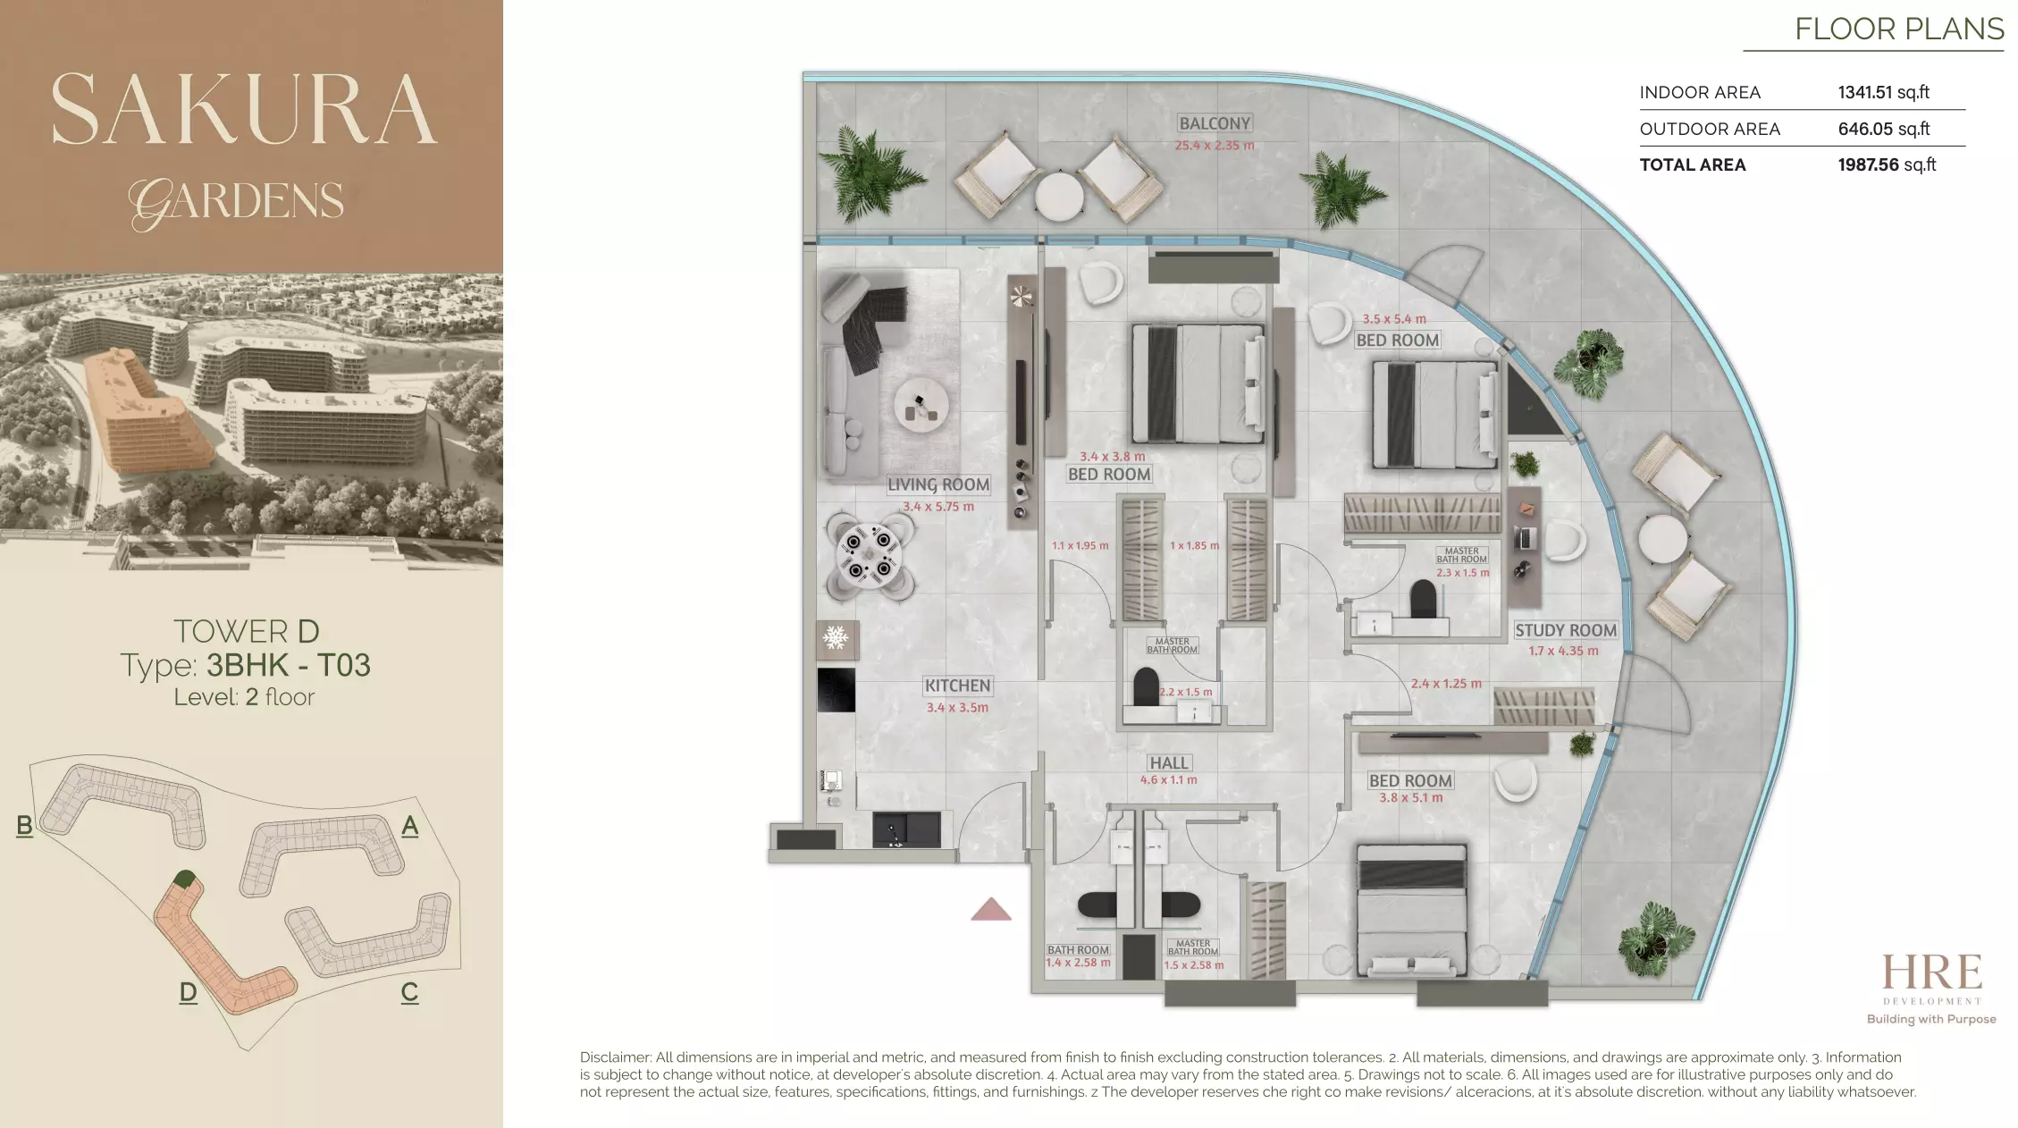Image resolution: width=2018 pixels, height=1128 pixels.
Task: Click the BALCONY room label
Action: (x=1215, y=123)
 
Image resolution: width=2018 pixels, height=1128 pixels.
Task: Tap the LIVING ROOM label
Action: (x=938, y=484)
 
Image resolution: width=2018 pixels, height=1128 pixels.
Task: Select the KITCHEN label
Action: (x=957, y=686)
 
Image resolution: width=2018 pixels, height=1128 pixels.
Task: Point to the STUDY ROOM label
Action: (x=1566, y=630)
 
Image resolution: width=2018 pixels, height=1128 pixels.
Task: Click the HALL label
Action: (x=1169, y=762)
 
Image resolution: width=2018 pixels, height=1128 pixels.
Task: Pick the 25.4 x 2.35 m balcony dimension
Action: (x=1215, y=146)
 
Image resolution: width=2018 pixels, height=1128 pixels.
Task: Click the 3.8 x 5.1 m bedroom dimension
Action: (x=1410, y=797)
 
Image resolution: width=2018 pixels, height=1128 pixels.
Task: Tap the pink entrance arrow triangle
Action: (x=991, y=910)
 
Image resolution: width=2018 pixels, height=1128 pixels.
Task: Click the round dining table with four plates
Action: (x=869, y=554)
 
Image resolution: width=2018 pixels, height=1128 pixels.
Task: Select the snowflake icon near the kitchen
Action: (x=836, y=638)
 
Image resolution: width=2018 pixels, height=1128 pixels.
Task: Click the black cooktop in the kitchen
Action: (x=836, y=689)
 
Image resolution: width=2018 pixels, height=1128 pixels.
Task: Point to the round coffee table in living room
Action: (x=921, y=406)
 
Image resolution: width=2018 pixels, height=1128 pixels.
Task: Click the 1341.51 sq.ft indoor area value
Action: (x=1883, y=92)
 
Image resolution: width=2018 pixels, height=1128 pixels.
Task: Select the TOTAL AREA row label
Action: (x=1692, y=164)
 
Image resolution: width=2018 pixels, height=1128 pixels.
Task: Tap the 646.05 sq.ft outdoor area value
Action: (x=1883, y=129)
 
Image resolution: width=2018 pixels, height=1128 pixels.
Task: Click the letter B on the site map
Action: (x=24, y=825)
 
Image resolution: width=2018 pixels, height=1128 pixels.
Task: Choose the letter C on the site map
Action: (x=409, y=992)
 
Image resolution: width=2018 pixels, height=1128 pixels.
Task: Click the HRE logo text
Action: (x=1931, y=972)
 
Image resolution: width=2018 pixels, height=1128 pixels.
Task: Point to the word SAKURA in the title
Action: (x=243, y=109)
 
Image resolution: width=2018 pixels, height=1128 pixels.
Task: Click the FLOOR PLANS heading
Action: (x=1899, y=29)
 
